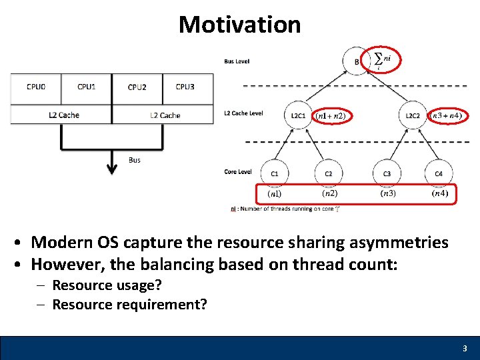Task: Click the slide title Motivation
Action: coord(239,25)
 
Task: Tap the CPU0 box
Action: coord(36,87)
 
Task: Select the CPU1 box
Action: coord(86,87)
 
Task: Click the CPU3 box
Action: coord(185,87)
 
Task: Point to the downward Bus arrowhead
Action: coord(112,169)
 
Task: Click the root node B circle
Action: coord(356,62)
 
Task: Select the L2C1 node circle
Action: coord(298,115)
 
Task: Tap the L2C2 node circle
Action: coord(413,115)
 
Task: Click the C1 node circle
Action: coord(275,174)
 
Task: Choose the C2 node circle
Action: coord(329,174)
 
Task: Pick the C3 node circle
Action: coord(387,174)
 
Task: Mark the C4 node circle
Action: coord(439,174)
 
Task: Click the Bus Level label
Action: coord(237,61)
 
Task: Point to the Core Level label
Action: coord(237,172)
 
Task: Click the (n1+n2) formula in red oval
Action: coord(332,116)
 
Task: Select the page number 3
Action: coord(465,349)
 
